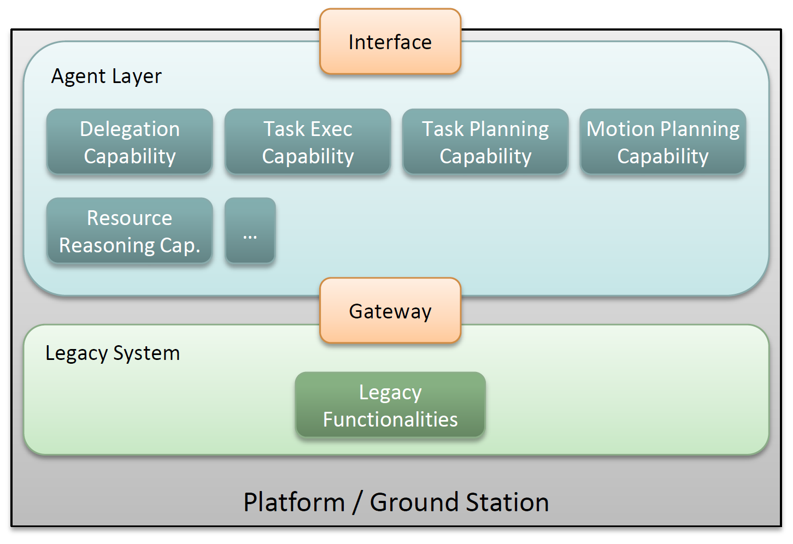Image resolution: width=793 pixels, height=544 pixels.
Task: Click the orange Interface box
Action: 390,42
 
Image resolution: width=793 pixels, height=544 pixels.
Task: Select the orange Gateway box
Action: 390,310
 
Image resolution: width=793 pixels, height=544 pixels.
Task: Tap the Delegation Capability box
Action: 130,141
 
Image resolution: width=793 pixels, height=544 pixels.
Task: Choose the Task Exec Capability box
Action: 308,141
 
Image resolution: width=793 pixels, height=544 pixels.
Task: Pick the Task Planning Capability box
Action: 485,141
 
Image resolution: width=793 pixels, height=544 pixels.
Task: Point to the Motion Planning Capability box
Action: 663,141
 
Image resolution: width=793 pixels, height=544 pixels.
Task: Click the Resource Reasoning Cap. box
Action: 130,230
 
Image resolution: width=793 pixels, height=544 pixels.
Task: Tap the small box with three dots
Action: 250,230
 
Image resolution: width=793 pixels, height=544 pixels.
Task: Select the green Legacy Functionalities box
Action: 390,405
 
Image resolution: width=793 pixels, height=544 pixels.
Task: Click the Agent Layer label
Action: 106,76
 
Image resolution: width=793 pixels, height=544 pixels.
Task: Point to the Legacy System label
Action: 113,353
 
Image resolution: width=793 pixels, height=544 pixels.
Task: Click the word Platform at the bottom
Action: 294,502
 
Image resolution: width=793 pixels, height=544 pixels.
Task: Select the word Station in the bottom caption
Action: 507,502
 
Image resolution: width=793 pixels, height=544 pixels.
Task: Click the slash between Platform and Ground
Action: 357,502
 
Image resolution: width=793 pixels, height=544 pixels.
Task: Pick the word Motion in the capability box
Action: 620,128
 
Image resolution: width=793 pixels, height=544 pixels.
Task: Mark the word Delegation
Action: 130,129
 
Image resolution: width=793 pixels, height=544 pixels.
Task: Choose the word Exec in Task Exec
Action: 331,128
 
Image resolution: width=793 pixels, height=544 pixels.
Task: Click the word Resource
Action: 130,218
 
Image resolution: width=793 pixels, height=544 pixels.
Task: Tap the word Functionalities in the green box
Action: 390,419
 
